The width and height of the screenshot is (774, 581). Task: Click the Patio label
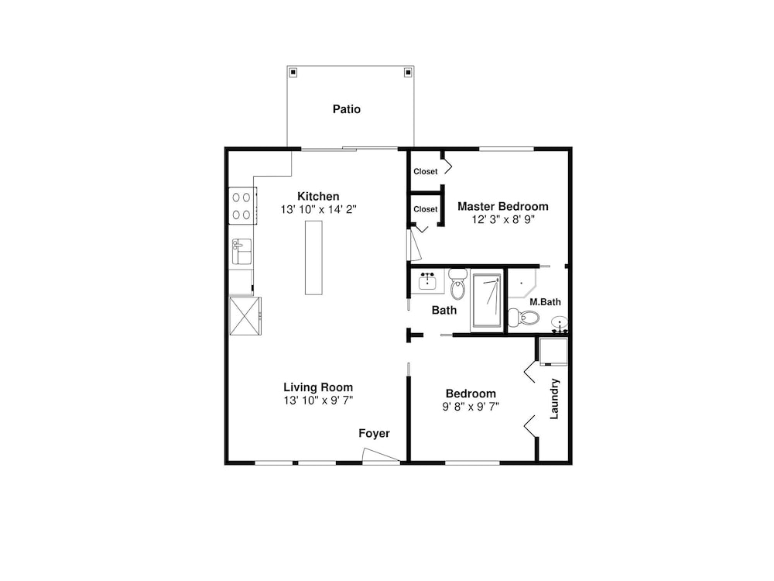[347, 109]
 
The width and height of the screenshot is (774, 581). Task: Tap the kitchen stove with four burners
[242, 205]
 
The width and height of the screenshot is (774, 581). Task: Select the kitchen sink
[241, 251]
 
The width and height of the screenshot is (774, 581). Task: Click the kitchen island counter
[313, 257]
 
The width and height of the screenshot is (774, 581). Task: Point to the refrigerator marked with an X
[245, 316]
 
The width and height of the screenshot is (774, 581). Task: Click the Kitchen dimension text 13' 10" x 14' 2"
[318, 209]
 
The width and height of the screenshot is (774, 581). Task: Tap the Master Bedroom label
[502, 207]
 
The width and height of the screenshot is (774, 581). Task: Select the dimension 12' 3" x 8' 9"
[503, 219]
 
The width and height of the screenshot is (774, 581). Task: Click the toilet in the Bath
[458, 284]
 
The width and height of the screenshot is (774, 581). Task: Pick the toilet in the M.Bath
[524, 317]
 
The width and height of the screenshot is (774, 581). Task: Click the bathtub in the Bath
[487, 301]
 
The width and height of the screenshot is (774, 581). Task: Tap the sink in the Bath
[427, 281]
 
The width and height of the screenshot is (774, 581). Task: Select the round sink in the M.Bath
[560, 324]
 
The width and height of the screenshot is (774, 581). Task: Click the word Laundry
[554, 399]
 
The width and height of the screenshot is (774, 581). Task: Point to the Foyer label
[374, 433]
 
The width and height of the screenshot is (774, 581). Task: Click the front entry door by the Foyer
[381, 456]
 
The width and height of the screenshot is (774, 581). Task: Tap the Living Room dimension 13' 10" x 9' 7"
[318, 401]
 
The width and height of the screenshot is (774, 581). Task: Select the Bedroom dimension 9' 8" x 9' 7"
[471, 407]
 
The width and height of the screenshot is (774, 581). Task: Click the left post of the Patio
[293, 73]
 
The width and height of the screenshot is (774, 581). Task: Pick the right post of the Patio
[408, 73]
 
